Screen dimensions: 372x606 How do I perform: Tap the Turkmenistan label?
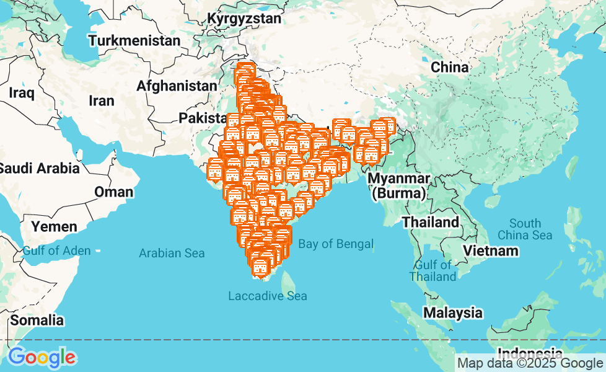pyautogui.click(x=134, y=41)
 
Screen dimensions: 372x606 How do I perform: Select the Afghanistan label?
pyautogui.click(x=177, y=86)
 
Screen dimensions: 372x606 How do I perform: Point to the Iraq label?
pyautogui.click(x=22, y=93)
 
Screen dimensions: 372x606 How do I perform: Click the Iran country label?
pyautogui.click(x=102, y=100)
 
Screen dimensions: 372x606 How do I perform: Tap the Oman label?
pyautogui.click(x=113, y=192)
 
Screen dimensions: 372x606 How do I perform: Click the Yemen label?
pyautogui.click(x=55, y=226)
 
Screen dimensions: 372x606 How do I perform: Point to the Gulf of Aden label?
pyautogui.click(x=56, y=251)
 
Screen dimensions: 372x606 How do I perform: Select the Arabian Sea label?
pyautogui.click(x=172, y=253)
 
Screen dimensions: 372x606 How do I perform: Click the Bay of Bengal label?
pyautogui.click(x=336, y=244)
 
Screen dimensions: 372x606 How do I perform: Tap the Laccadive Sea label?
pyautogui.click(x=267, y=296)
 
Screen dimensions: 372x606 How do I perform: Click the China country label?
pyautogui.click(x=450, y=67)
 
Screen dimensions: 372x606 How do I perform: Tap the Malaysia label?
pyautogui.click(x=453, y=312)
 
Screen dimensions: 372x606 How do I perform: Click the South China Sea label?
pyautogui.click(x=525, y=229)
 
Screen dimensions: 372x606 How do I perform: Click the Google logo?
pyautogui.click(x=42, y=358)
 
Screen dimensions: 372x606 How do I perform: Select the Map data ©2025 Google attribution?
pyautogui.click(x=530, y=363)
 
